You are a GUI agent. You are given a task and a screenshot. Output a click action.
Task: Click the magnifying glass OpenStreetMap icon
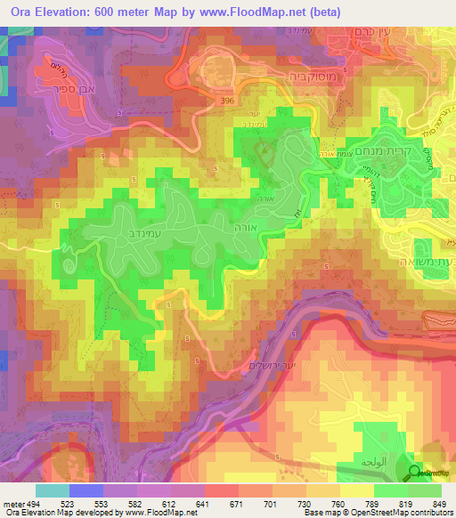pos(416,472)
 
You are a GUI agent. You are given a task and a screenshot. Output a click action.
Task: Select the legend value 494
pos(31,503)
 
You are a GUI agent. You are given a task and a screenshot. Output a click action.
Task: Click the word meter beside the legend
pos(11,503)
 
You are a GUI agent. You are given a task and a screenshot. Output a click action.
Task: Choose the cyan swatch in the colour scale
pos(52,490)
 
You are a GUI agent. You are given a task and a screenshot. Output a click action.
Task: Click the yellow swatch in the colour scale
pos(356,490)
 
